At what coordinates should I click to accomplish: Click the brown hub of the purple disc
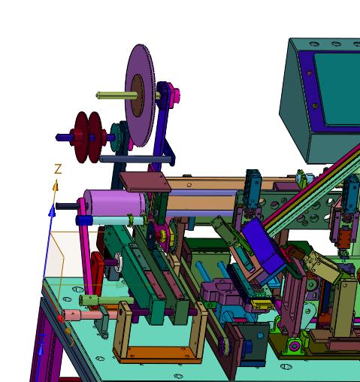(138, 95)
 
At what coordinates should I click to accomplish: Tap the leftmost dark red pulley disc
(80, 137)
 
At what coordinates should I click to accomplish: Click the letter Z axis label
(58, 169)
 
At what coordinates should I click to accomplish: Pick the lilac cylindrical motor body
(115, 202)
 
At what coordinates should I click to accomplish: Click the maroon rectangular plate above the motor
(145, 181)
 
